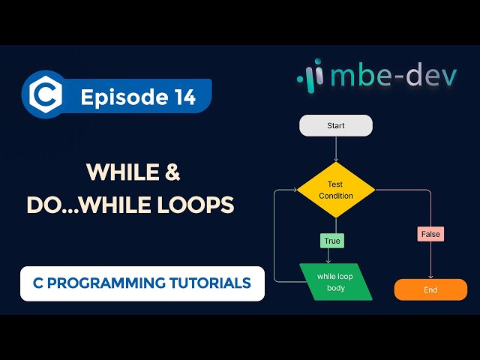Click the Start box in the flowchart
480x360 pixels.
[335, 125]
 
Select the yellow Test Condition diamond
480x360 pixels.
[335, 190]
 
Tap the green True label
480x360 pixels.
[331, 241]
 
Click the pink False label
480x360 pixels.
[430, 234]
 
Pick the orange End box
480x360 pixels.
[430, 289]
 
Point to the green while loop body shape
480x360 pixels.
[335, 282]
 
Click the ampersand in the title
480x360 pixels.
[172, 173]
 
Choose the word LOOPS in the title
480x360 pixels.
[196, 205]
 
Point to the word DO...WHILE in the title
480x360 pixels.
[89, 205]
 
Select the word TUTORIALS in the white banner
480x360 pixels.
[215, 283]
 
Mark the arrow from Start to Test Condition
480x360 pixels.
[335, 148]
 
